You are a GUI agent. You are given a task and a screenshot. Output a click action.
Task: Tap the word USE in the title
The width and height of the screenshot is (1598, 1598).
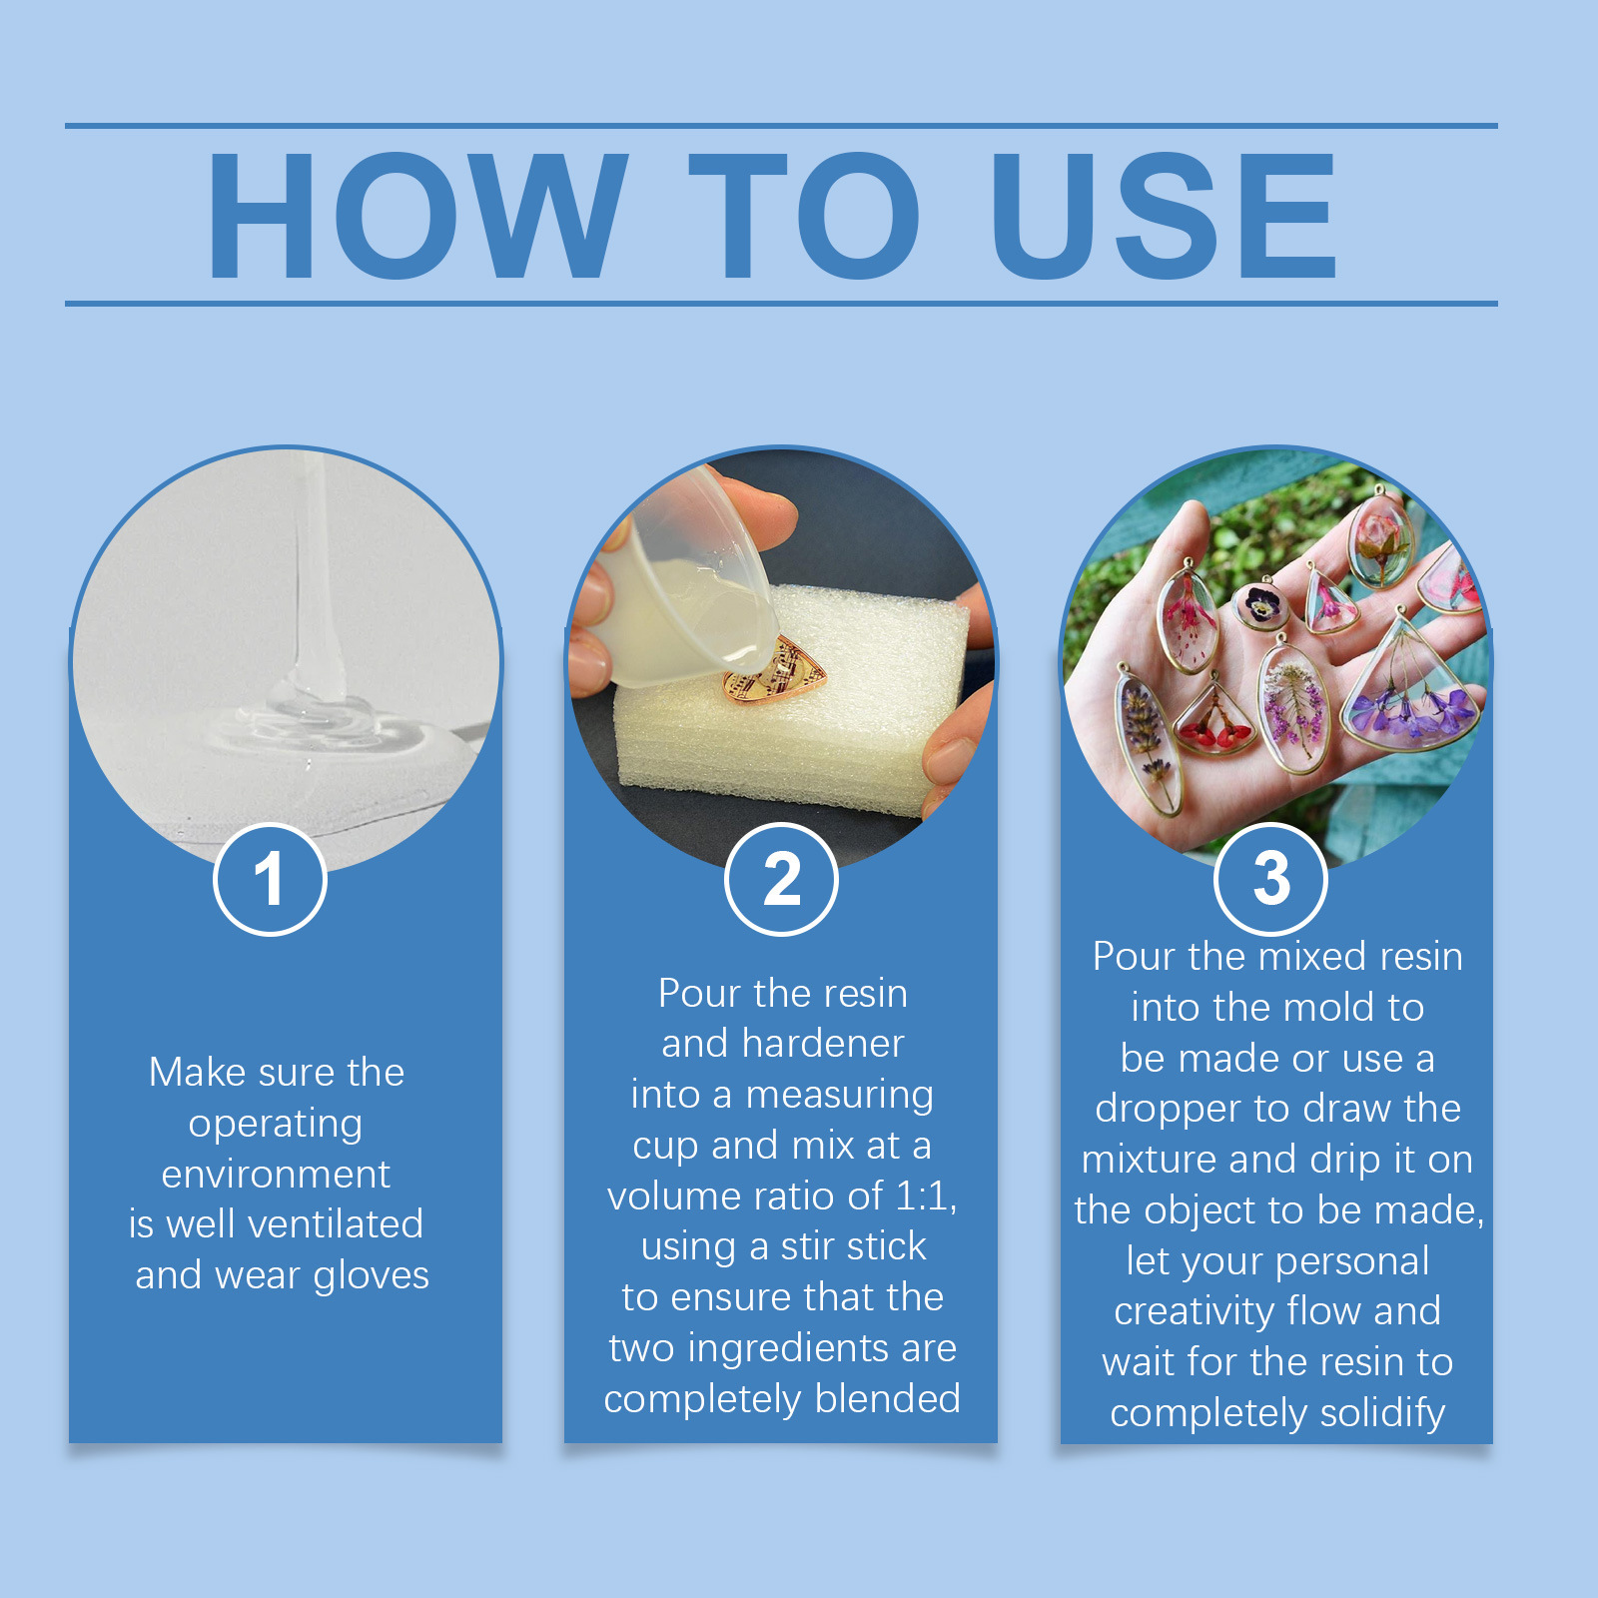coord(1164,215)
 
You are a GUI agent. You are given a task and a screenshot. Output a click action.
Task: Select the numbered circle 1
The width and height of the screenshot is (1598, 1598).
coord(270,879)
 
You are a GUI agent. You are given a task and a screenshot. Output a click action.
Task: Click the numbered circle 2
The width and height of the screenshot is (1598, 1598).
coord(781,879)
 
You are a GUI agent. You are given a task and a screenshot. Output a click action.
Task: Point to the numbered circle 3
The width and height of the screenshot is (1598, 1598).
coord(1270,879)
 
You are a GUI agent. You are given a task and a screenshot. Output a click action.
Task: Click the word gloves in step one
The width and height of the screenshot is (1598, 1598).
coord(371,1276)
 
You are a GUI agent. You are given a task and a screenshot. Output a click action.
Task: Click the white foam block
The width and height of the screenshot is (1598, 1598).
coord(789,699)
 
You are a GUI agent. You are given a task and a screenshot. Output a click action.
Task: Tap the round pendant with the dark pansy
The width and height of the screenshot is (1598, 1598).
coord(1260,605)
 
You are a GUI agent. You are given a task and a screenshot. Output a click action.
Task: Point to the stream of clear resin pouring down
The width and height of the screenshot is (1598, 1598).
coord(315,579)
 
